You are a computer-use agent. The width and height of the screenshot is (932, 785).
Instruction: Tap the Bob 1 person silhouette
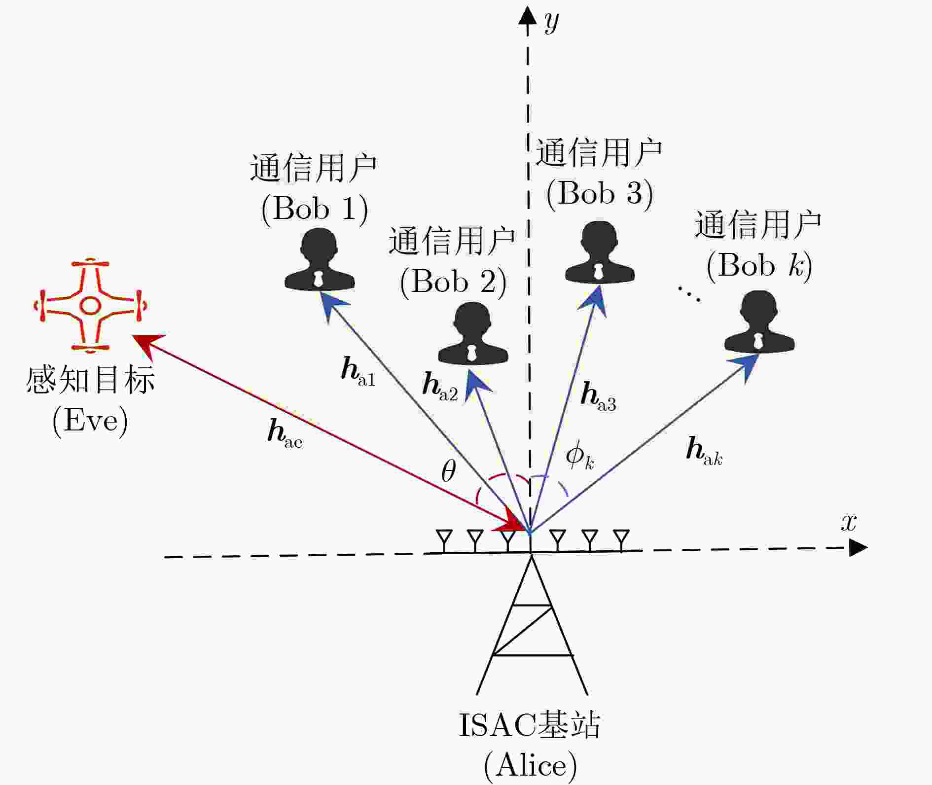320,260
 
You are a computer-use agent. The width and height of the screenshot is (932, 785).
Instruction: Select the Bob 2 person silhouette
473,334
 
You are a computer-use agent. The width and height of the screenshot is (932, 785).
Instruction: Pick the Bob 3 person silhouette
600,253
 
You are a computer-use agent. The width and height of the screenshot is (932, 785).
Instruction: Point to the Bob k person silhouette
759,322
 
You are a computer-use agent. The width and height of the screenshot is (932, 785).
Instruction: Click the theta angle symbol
448,471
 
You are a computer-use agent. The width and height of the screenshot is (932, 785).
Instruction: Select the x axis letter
849,522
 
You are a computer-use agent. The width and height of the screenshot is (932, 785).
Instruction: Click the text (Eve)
90,421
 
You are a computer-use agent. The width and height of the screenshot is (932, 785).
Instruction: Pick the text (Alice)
530,766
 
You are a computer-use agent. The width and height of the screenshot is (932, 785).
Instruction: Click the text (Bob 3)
600,193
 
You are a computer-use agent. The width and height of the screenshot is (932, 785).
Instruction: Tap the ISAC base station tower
532,626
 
